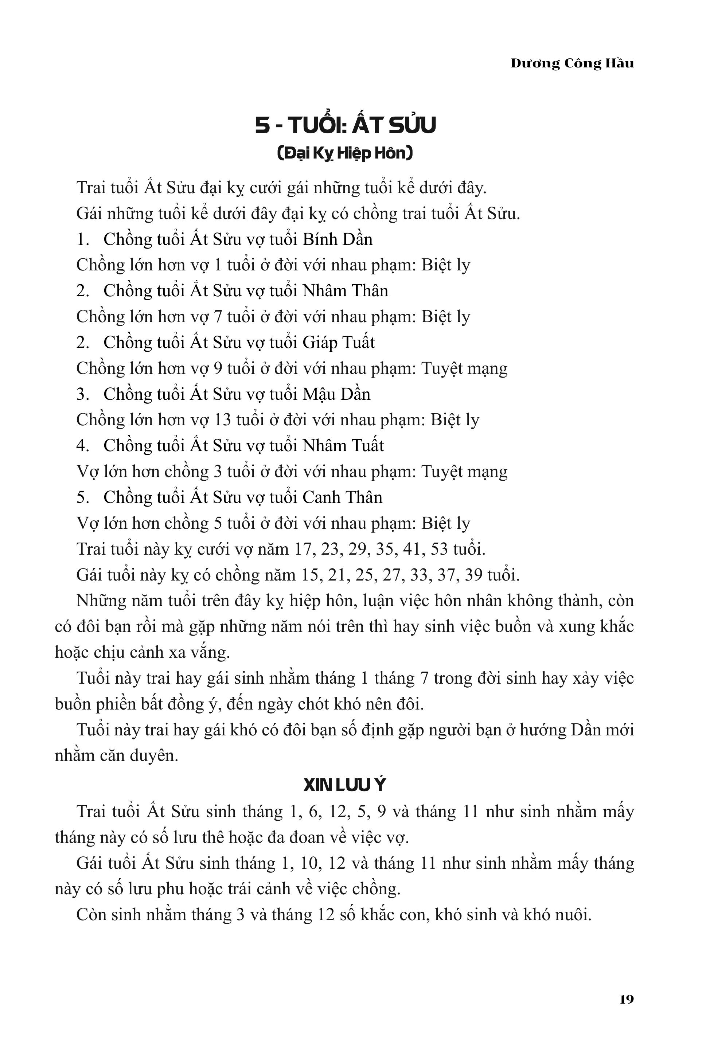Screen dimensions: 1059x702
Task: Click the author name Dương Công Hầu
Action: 572,63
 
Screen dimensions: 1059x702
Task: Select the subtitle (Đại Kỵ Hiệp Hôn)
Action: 345,153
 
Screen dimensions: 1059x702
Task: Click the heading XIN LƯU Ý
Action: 344,785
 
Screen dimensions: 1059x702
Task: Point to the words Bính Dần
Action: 338,239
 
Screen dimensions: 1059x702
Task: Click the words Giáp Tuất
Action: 339,343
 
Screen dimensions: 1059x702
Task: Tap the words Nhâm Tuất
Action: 343,446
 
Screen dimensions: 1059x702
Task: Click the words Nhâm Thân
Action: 345,291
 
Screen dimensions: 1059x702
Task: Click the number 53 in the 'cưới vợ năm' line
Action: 439,549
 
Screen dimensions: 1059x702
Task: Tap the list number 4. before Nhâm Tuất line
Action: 83,446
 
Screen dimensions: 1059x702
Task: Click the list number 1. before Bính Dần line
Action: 83,239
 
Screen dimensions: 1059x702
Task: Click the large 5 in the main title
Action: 262,125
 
